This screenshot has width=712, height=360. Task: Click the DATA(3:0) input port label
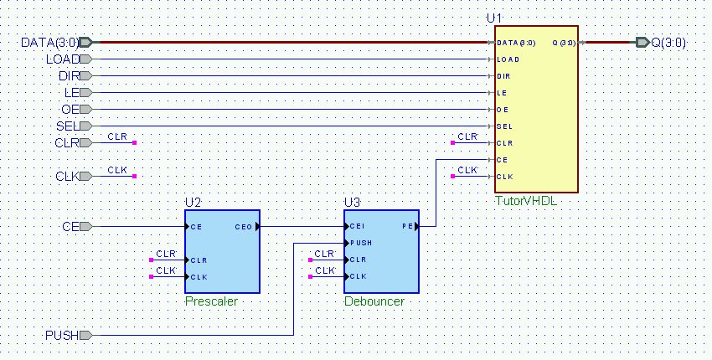50,43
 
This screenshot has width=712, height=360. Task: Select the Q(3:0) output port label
668,43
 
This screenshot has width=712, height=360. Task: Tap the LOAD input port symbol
86,59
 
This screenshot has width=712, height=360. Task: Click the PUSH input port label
62,336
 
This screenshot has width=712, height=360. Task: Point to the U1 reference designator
494,18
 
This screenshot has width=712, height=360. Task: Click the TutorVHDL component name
526,201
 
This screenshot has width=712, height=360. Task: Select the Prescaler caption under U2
211,301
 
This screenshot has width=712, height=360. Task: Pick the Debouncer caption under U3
374,301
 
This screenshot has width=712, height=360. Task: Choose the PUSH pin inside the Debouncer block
361,244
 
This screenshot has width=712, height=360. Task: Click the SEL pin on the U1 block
504,126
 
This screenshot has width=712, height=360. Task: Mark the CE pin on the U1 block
503,160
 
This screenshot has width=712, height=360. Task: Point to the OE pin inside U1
503,110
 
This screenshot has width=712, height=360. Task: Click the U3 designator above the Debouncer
352,203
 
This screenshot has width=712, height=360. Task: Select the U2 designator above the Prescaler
193,203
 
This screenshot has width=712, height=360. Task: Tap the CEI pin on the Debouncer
358,226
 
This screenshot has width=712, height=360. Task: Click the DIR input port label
69,76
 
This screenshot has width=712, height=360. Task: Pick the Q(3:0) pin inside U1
564,44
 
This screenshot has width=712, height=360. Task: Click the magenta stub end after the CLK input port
134,176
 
